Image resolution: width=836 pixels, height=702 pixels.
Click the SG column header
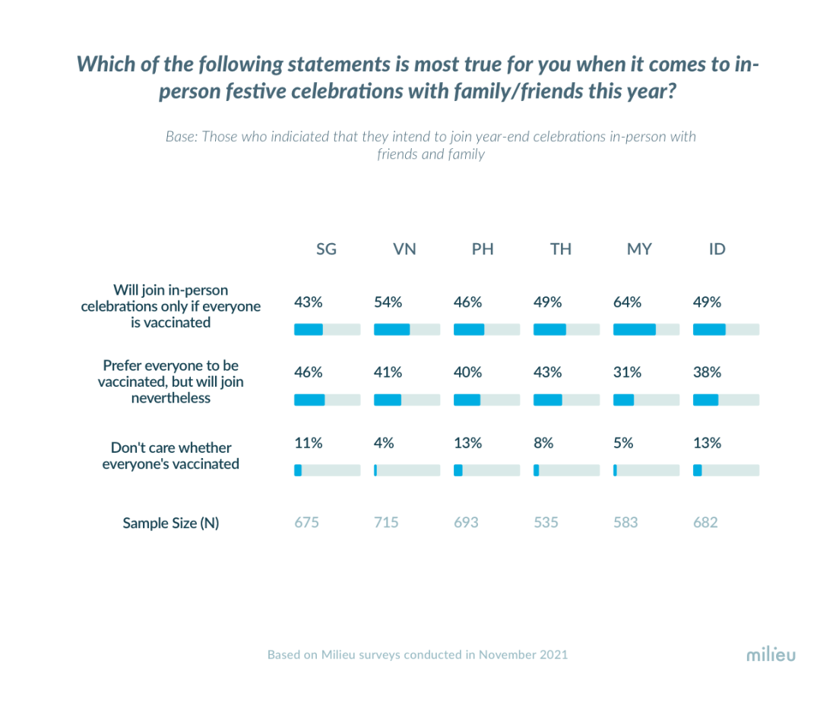tap(326, 249)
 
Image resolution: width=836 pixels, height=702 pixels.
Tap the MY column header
tap(639, 249)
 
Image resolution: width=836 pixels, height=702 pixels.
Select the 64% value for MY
tap(627, 302)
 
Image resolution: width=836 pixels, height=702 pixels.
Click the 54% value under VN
tap(388, 302)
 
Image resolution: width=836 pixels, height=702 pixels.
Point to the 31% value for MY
tap(627, 372)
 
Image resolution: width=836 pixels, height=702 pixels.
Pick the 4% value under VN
tap(384, 443)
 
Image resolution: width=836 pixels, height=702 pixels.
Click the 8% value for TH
tap(543, 443)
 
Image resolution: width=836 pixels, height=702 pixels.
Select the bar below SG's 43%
tap(327, 330)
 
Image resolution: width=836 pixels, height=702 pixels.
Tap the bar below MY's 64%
tap(646, 330)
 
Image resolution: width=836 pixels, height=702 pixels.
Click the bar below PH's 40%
tap(486, 400)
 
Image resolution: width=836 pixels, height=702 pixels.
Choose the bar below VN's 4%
tap(407, 470)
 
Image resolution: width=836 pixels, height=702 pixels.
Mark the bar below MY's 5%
tap(646, 470)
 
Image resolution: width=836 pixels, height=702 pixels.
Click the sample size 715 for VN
tap(386, 523)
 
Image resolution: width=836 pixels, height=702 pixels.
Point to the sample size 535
tap(546, 523)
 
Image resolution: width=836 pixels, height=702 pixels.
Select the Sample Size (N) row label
tap(171, 523)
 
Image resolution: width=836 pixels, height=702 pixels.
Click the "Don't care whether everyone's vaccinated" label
tap(171, 455)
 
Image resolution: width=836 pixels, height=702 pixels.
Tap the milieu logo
tap(770, 653)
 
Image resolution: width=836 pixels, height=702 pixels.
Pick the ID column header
tap(717, 249)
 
